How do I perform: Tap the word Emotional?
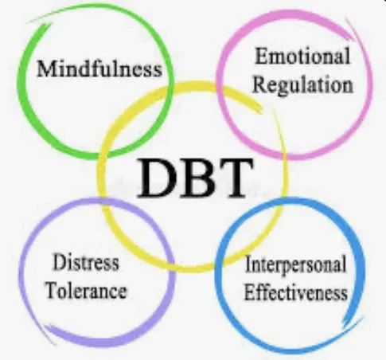pyautogui.click(x=302, y=57)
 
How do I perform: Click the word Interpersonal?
pyautogui.click(x=296, y=264)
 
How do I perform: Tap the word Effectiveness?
pyautogui.click(x=295, y=292)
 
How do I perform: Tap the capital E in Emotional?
pyautogui.click(x=260, y=57)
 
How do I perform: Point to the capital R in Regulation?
pyautogui.click(x=259, y=83)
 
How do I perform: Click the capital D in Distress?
pyautogui.click(x=57, y=261)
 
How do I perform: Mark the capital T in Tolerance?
pyautogui.click(x=49, y=289)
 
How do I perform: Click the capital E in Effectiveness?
pyautogui.click(x=248, y=292)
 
